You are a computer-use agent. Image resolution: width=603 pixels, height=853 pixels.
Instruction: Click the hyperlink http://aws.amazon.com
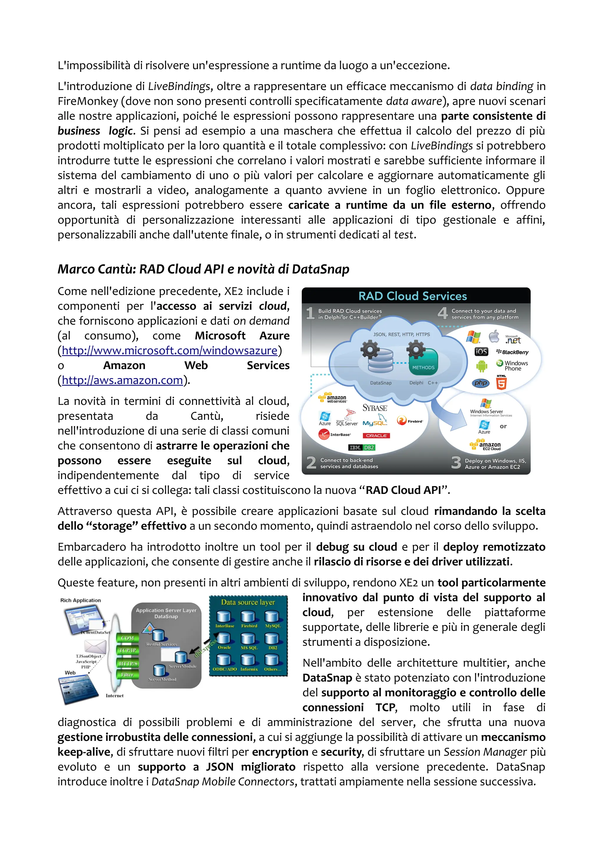[122, 380]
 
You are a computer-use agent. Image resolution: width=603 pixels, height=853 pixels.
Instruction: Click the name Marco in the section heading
[73, 269]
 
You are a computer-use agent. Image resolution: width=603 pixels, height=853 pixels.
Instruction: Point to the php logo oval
[481, 383]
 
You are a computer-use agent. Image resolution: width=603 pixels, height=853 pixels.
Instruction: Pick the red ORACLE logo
[376, 435]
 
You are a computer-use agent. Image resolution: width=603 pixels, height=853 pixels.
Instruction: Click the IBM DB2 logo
[362, 448]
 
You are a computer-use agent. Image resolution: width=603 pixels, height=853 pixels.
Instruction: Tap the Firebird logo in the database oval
[410, 421]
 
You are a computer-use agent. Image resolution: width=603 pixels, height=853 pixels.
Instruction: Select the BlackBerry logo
[512, 352]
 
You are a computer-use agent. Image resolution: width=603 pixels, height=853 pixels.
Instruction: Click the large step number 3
[456, 462]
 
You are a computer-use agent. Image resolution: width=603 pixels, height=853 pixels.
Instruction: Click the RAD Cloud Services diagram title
[413, 296]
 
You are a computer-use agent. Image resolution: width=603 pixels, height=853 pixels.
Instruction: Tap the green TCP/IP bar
[127, 650]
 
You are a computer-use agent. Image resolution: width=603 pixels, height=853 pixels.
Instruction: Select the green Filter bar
[127, 675]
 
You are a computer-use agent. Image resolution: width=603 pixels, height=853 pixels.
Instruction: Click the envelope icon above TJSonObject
[95, 647]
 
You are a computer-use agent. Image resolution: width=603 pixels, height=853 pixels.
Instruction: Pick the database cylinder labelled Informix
[248, 660]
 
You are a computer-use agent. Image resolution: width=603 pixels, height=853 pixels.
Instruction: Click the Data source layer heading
[248, 602]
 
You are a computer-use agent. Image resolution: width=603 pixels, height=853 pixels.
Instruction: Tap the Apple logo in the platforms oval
[494, 337]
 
